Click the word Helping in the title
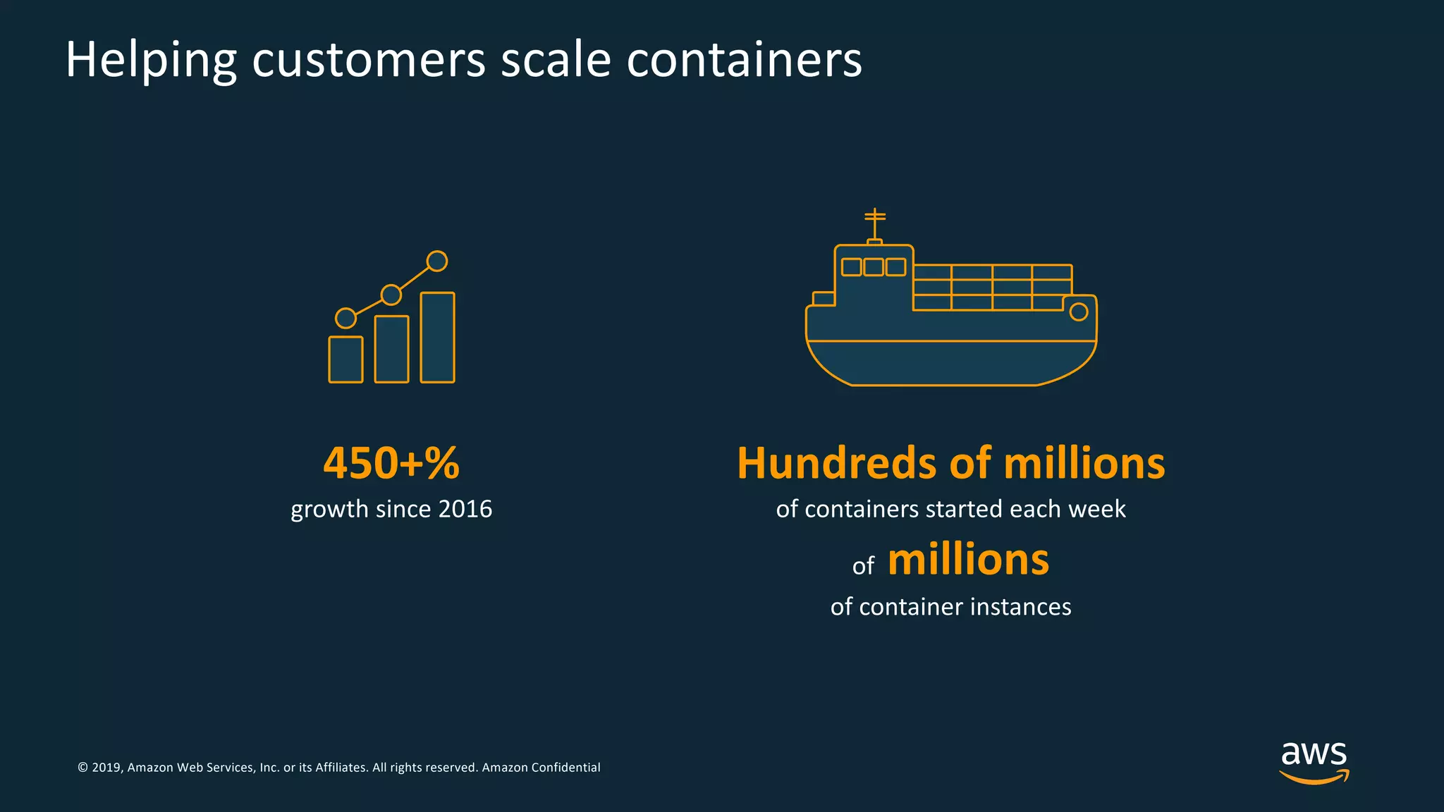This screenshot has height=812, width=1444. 150,60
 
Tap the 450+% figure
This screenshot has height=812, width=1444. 391,463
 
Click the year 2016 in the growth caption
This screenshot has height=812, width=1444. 465,509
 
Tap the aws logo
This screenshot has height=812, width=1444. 1314,761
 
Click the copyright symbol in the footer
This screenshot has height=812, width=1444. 82,768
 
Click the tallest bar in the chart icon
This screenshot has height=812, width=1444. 437,338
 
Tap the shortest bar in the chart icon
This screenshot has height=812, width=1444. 345,359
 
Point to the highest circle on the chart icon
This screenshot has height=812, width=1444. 437,261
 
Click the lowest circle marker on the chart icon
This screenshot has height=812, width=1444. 345,318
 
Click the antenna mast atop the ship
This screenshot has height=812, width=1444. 875,224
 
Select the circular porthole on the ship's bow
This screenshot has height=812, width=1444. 1078,312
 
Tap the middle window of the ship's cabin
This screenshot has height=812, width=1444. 874,267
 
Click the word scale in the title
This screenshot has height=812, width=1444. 556,60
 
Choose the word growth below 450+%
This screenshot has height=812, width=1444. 329,510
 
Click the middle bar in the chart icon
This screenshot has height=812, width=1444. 391,349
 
